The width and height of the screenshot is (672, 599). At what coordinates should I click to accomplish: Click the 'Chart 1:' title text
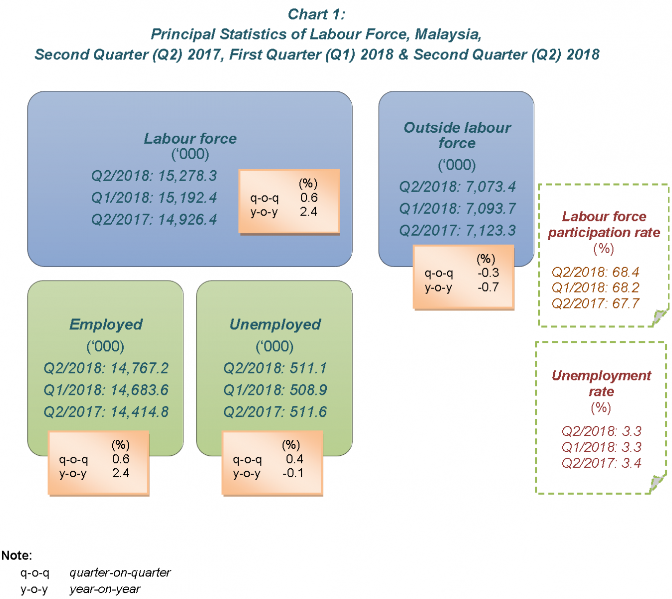click(316, 14)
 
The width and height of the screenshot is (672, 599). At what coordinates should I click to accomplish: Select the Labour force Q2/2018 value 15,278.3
click(188, 176)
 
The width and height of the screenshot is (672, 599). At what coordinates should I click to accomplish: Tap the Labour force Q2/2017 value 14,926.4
click(188, 220)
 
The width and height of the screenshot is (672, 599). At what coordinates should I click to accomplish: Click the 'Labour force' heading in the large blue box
click(190, 138)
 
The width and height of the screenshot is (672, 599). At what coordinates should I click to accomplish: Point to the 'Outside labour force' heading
click(457, 135)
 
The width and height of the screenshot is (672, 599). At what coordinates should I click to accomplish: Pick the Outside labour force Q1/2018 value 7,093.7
click(491, 209)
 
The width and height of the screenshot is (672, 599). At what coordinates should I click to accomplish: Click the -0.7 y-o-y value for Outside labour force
click(488, 288)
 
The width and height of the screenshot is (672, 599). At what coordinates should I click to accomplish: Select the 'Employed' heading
click(106, 324)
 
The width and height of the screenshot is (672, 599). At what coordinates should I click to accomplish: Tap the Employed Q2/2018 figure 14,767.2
click(140, 368)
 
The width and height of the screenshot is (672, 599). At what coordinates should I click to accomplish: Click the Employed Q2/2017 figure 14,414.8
click(140, 412)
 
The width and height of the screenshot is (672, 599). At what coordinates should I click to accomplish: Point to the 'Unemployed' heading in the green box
click(275, 324)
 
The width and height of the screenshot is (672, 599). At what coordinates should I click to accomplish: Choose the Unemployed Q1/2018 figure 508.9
click(303, 390)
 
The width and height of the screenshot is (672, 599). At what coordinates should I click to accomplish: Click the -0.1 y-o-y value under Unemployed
click(293, 473)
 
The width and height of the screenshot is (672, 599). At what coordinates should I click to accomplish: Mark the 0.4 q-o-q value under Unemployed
click(294, 459)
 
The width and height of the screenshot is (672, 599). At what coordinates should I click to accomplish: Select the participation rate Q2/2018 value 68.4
click(626, 272)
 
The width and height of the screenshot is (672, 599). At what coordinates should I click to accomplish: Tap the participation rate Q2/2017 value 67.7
click(626, 303)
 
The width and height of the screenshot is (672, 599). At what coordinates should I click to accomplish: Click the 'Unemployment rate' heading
click(601, 383)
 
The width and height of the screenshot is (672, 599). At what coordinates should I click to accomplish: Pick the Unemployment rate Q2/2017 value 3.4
click(631, 463)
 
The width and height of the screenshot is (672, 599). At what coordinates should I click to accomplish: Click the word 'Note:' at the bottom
click(16, 556)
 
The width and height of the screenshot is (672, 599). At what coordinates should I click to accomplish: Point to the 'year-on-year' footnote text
click(105, 590)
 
